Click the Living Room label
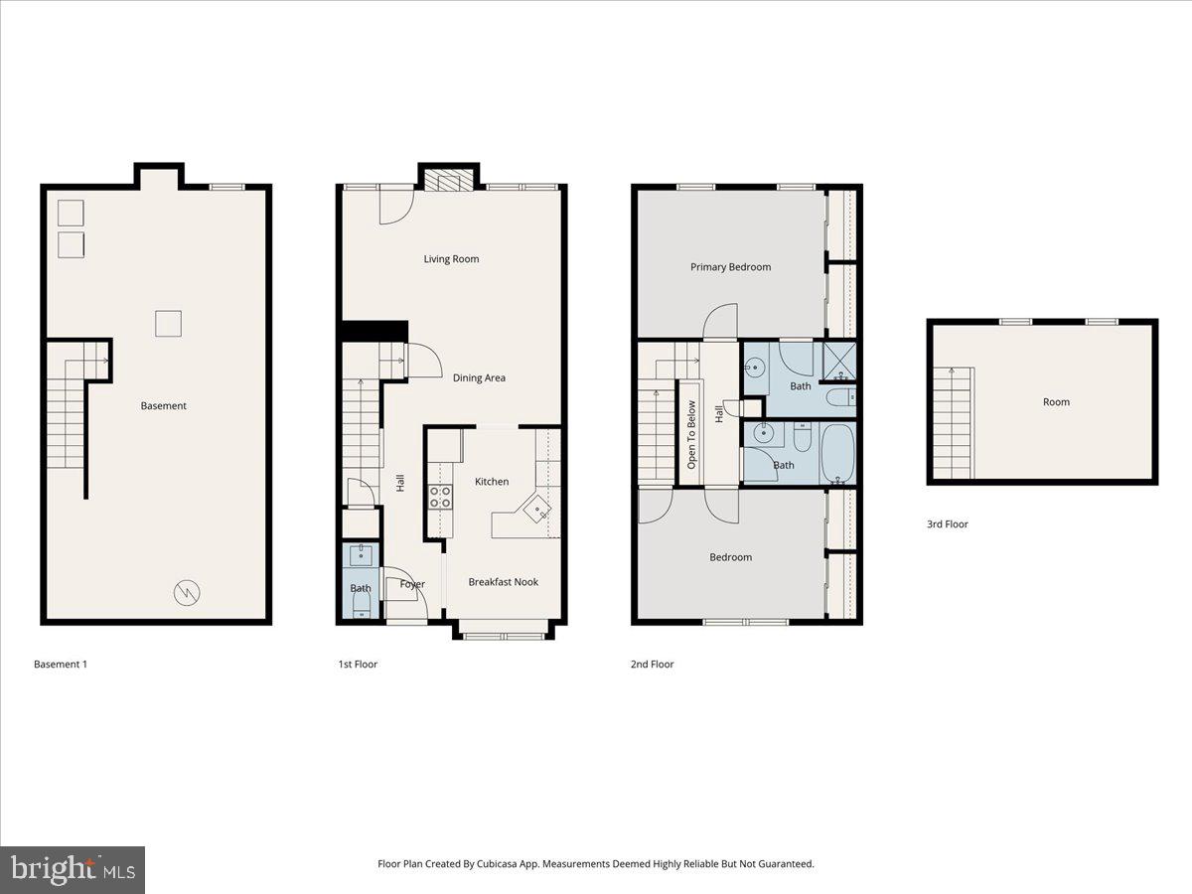pyautogui.click(x=451, y=259)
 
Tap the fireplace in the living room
pyautogui.click(x=450, y=180)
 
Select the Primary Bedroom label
pyautogui.click(x=730, y=267)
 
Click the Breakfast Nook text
pyautogui.click(x=503, y=582)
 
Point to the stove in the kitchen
pyautogui.click(x=440, y=497)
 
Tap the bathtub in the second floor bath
pyautogui.click(x=836, y=453)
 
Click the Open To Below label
pyautogui.click(x=691, y=433)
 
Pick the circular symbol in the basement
pyautogui.click(x=187, y=593)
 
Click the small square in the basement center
pyautogui.click(x=168, y=324)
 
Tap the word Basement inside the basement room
pyautogui.click(x=163, y=406)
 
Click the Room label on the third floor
pyautogui.click(x=1056, y=402)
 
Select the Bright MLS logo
pyautogui.click(x=73, y=870)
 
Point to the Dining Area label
pyautogui.click(x=479, y=378)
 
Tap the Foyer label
pyautogui.click(x=412, y=585)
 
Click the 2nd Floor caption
pyautogui.click(x=652, y=665)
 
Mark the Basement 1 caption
pyautogui.click(x=61, y=665)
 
